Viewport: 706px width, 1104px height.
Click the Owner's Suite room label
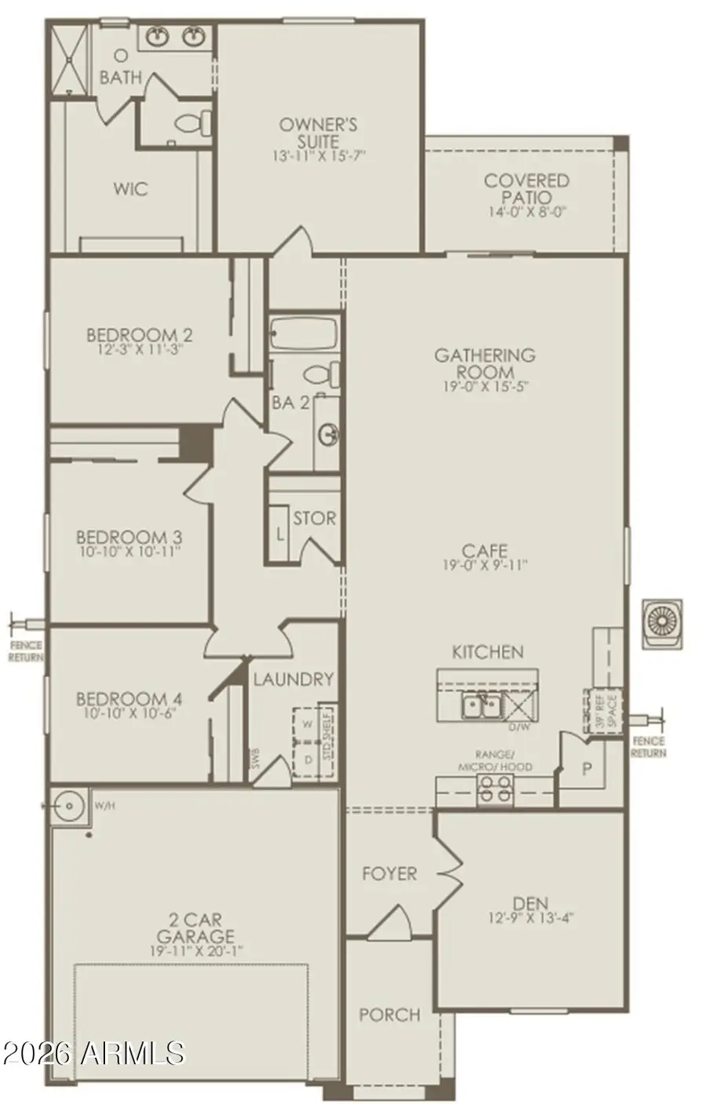coord(318,133)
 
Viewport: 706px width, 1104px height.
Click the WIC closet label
coord(130,189)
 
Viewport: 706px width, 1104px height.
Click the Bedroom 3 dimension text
coord(129,552)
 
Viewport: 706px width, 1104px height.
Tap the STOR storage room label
coord(314,519)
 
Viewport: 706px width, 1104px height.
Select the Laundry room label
coord(293,679)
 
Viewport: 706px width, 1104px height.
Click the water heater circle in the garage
coord(71,806)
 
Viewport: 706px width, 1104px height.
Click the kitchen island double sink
coord(481,706)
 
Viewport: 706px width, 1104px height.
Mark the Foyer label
coord(389,873)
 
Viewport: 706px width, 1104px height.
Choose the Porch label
coord(390,1015)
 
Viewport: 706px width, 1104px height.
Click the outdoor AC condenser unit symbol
coord(661,623)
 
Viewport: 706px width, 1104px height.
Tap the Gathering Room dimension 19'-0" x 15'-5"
coord(485,386)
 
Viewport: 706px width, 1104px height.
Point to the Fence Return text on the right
coord(648,747)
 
